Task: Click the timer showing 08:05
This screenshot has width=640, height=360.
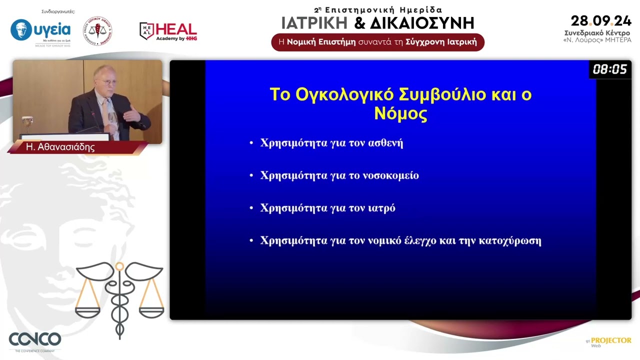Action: tap(609, 69)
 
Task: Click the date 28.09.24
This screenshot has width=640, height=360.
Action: tap(601, 21)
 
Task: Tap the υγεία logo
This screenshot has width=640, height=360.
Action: tap(40, 31)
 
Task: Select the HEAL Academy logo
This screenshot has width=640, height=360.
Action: tap(168, 31)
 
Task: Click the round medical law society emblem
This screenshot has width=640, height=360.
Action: tap(97, 31)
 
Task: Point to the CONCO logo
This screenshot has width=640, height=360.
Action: tap(35, 340)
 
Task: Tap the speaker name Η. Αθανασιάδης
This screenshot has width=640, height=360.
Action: tap(60, 147)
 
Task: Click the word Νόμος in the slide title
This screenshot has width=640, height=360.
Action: tap(400, 114)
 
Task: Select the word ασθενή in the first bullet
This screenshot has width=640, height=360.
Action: tap(385, 143)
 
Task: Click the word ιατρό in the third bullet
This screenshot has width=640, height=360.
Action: tap(381, 208)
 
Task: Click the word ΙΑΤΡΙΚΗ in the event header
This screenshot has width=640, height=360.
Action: tap(314, 23)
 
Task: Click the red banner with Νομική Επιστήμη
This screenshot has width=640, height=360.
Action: tap(377, 42)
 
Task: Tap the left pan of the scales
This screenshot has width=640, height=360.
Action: tap(88, 312)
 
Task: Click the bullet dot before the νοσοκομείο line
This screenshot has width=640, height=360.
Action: tap(251, 176)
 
